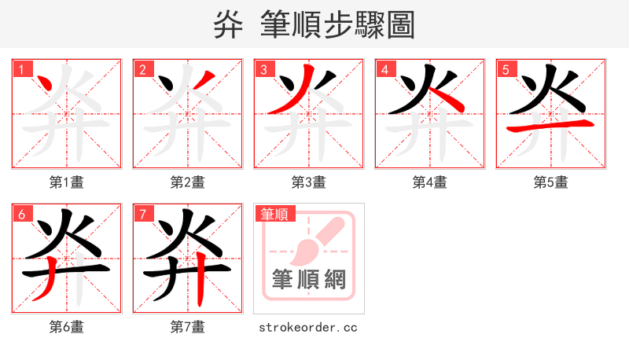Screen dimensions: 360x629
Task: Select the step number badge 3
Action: tap(265, 69)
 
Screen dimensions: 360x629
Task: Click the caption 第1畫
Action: tap(66, 182)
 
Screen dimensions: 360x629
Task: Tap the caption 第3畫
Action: tap(308, 182)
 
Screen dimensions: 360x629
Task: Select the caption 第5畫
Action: tap(550, 182)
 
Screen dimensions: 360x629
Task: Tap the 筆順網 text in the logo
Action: tap(308, 279)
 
